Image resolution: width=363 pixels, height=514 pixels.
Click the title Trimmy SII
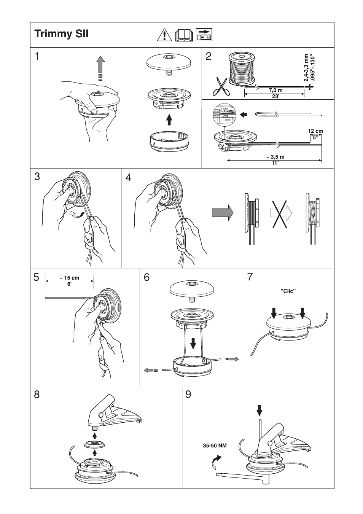tap(61, 34)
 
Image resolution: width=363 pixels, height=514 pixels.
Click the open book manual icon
tap(184, 35)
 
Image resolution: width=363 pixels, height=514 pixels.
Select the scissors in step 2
tap(220, 86)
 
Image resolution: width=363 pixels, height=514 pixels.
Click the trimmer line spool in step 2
tap(242, 69)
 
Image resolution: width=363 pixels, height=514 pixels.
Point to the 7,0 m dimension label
tap(275, 91)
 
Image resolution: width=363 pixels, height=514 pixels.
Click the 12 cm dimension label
tap(315, 131)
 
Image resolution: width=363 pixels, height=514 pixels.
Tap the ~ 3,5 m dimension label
tap(275, 157)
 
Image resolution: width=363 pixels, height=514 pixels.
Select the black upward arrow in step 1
tap(169, 119)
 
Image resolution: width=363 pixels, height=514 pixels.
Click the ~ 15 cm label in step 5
tap(70, 278)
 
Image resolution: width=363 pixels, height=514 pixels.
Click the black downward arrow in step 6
tap(193, 342)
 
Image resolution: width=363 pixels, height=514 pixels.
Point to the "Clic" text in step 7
tap(288, 291)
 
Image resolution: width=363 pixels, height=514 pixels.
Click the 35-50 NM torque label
tap(215, 445)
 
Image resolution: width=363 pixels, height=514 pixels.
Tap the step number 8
tap(37, 395)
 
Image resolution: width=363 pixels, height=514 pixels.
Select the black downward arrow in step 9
tap(260, 410)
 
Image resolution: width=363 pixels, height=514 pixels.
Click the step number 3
tap(37, 177)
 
